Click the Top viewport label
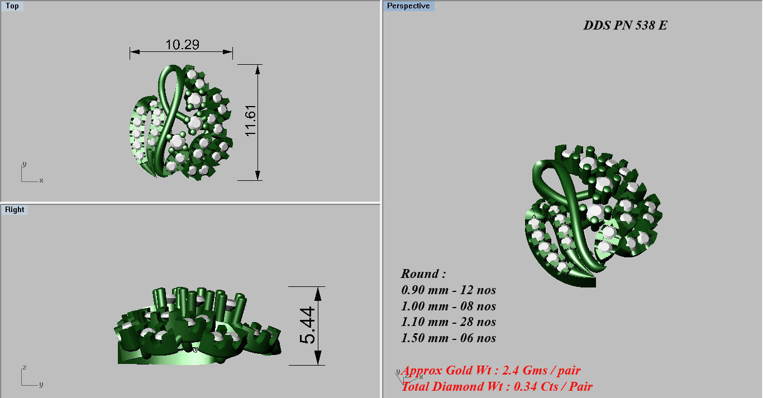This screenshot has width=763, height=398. (x=12, y=6)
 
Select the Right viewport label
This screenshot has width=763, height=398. (x=15, y=210)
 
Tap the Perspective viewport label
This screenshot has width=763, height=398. (x=408, y=6)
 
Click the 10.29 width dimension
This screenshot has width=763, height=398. (x=182, y=45)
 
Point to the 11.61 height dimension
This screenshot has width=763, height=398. (x=250, y=122)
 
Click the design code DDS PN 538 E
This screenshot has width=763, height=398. (x=625, y=26)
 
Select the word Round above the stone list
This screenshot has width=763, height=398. (x=423, y=274)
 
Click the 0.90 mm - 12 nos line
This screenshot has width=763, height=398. (x=449, y=290)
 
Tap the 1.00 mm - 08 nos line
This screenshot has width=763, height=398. (x=449, y=306)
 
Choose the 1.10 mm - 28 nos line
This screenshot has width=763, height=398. (x=449, y=322)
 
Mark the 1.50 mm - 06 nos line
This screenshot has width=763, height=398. (x=449, y=338)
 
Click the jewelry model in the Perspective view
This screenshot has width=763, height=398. (x=592, y=218)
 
